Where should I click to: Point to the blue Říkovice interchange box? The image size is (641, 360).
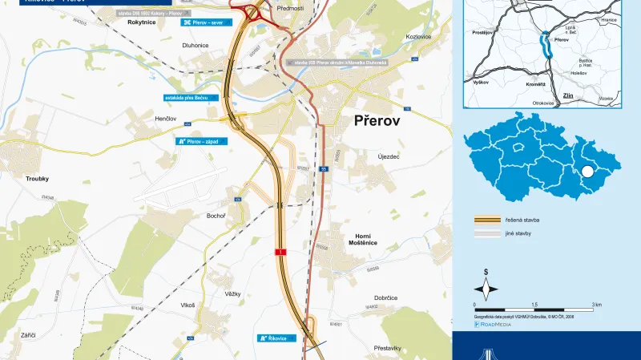[x=280, y=338]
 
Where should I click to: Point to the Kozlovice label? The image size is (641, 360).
[x=419, y=38]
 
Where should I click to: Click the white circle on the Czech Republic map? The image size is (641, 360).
[x=588, y=171]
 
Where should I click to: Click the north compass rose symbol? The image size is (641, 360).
[x=486, y=288]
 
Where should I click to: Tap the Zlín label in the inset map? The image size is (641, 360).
[x=570, y=95]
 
